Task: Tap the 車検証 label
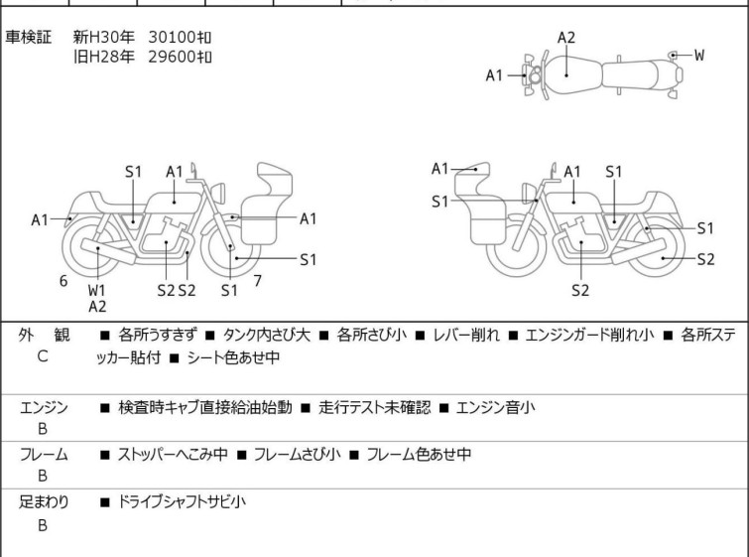click(28, 37)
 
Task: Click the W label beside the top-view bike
click(698, 56)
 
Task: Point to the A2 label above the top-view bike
click(566, 38)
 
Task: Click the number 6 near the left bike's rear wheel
click(63, 281)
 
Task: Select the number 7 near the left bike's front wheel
click(258, 281)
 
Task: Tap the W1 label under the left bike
click(96, 290)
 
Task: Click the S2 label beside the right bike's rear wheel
click(705, 259)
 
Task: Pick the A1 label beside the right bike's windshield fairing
click(439, 169)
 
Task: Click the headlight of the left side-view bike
click(218, 193)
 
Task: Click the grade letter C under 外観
click(43, 356)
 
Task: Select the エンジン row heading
click(44, 408)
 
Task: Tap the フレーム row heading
click(44, 455)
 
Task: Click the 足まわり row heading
click(44, 502)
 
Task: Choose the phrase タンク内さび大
click(267, 335)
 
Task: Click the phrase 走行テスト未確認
click(375, 407)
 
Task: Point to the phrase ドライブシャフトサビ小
click(182, 502)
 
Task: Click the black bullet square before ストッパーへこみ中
click(104, 455)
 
